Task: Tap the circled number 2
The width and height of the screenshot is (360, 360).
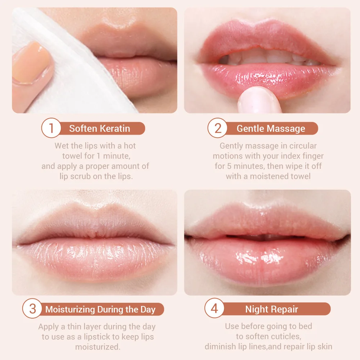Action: coord(217,129)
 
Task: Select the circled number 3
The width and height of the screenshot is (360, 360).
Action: coord(32,309)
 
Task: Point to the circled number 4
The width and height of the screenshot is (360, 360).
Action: coord(215,309)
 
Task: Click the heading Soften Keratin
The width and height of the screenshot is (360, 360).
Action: coord(100,129)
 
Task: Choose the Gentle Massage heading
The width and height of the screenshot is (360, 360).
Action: coord(271,129)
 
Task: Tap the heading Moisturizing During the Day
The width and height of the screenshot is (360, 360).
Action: coord(100,309)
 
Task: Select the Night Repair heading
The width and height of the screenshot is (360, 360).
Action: coord(271,309)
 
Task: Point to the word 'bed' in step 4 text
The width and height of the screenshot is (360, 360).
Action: coord(305,326)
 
